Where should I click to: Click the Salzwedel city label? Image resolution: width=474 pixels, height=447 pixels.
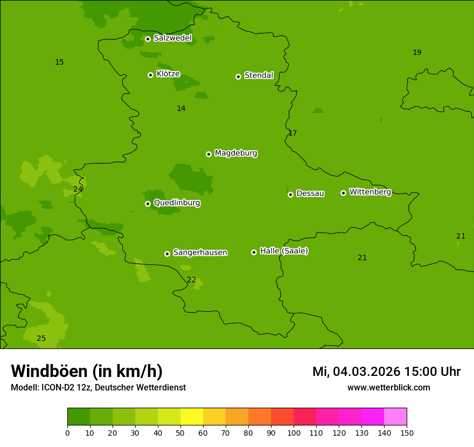(x=172, y=38)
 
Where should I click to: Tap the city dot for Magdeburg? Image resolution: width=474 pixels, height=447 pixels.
(x=208, y=154)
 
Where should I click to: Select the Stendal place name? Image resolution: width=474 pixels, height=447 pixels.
(x=259, y=75)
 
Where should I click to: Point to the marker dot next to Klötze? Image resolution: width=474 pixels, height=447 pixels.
(x=150, y=75)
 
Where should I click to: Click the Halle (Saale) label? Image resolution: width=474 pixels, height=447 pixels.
(x=284, y=251)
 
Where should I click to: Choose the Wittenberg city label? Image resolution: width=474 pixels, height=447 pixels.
(x=370, y=192)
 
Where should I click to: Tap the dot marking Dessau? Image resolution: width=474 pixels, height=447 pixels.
(x=290, y=194)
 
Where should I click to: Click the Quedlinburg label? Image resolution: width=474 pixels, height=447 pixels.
(x=177, y=203)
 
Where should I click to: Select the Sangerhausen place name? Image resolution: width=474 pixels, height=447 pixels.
(x=200, y=253)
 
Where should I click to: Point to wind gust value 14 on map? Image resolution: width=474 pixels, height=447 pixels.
(x=181, y=108)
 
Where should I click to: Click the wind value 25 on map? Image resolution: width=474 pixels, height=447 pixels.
(x=41, y=338)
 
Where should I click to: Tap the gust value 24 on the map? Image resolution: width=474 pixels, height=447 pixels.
(x=78, y=189)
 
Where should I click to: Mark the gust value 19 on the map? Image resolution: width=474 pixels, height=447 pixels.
(x=417, y=52)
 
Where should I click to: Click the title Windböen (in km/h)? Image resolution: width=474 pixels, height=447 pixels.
(x=86, y=371)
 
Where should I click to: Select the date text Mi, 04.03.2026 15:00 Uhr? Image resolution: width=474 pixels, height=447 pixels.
(x=386, y=372)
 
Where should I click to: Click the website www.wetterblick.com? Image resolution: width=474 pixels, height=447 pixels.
(x=388, y=387)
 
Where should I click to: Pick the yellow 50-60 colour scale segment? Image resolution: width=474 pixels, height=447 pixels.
(x=192, y=417)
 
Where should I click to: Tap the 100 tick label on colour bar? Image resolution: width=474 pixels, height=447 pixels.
(x=294, y=432)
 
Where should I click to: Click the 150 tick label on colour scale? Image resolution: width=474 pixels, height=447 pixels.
(x=406, y=432)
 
